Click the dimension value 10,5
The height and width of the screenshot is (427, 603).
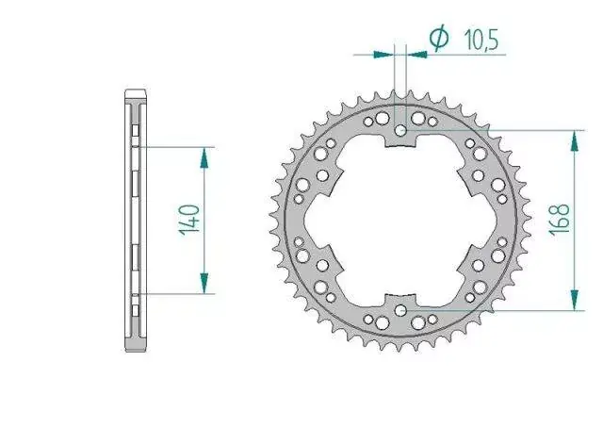[481, 40]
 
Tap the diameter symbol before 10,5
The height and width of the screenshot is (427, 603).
[439, 38]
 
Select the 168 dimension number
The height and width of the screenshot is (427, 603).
[559, 220]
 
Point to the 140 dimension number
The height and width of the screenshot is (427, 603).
[189, 220]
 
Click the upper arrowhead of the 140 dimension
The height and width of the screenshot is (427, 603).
[204, 158]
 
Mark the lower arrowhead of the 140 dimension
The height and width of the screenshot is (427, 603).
[204, 283]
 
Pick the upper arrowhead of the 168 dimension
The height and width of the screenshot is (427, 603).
[574, 141]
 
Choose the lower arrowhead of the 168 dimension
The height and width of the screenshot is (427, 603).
[574, 300]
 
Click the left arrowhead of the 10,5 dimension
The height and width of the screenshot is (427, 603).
[383, 55]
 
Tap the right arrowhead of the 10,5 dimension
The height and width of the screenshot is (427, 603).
[416, 55]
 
